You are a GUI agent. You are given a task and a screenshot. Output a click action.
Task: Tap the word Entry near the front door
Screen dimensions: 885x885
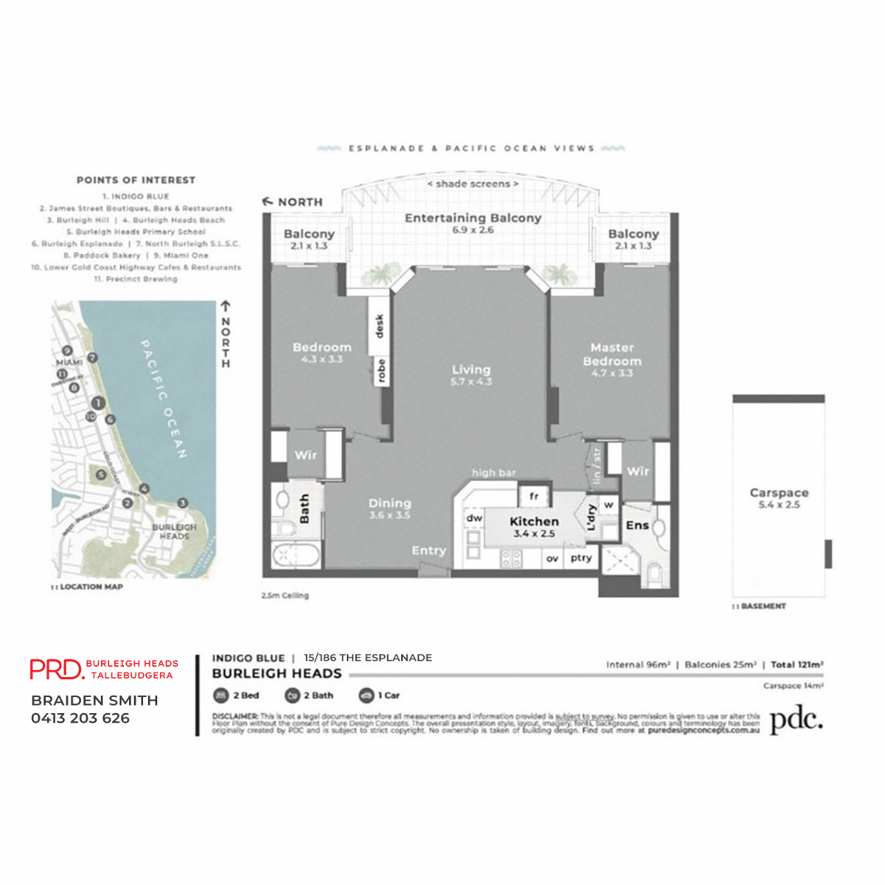point(428,550)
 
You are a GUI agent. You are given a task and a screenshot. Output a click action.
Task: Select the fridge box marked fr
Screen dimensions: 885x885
point(534,496)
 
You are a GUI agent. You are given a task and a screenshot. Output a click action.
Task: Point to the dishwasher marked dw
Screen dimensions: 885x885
point(474,518)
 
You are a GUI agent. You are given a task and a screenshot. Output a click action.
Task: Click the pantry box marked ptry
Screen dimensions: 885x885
point(580,558)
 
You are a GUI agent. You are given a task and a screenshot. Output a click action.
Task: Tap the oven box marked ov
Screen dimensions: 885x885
point(552,559)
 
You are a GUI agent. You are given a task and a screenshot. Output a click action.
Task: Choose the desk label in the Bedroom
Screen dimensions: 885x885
point(380,325)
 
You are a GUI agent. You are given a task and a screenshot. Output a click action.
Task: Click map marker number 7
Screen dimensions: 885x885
point(92,358)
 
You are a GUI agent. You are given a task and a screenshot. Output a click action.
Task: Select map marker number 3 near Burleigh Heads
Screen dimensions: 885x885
point(182,502)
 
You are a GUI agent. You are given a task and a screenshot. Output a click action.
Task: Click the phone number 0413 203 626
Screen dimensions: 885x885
point(80,718)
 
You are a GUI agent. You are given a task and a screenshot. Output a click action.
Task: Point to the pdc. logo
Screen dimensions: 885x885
point(796,720)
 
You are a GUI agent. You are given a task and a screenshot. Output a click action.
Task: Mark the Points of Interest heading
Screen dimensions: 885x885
point(136,180)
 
